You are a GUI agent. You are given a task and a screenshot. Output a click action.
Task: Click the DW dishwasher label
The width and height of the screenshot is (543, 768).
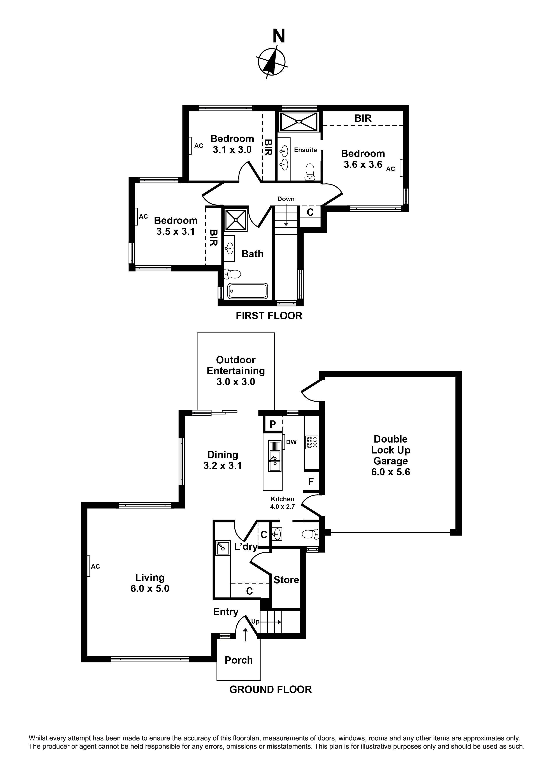tap(291, 442)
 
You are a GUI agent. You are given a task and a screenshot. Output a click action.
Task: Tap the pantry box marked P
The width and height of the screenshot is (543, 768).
tap(273, 424)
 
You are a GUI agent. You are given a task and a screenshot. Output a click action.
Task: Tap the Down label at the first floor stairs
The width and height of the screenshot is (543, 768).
tap(286, 199)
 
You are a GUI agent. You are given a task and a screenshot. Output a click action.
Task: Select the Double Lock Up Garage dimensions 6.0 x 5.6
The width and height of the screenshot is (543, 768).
tap(390, 472)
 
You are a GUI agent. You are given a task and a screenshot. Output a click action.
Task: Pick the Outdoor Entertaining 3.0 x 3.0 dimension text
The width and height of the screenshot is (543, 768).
tap(236, 382)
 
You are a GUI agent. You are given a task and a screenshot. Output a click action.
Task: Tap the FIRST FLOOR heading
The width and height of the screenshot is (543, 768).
tap(269, 316)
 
